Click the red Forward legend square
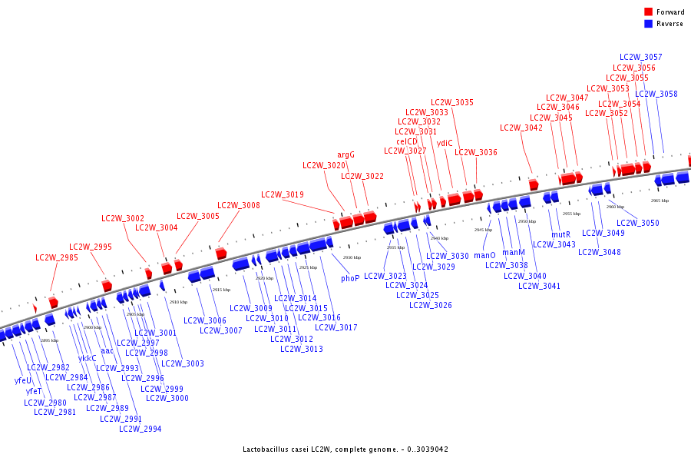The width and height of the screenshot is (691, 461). tap(649, 12)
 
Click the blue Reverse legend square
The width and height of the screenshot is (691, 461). tap(649, 24)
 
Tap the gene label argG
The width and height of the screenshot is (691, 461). tap(346, 154)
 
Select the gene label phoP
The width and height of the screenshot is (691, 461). tap(350, 278)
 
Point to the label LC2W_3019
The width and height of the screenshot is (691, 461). tap(283, 194)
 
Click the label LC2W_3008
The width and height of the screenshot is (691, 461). tap(239, 205)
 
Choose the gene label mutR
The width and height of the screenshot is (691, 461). tap(561, 234)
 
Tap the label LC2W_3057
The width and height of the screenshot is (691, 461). tap(641, 57)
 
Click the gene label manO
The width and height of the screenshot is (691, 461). tap(484, 255)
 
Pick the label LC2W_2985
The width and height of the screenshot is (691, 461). tap(57, 257)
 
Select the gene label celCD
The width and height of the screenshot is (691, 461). tap(407, 141)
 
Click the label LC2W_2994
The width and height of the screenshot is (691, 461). tap(141, 429)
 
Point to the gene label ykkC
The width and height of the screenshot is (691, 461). tap(88, 358)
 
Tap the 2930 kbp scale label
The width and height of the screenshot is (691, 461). tap(352, 257)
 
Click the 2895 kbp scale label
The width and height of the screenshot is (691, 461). tap(49, 340)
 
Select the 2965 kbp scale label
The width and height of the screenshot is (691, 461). tap(660, 201)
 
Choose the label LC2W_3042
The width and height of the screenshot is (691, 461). tap(521, 128)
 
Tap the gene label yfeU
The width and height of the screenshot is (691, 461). tap(23, 380)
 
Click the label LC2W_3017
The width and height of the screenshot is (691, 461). tap(336, 327)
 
